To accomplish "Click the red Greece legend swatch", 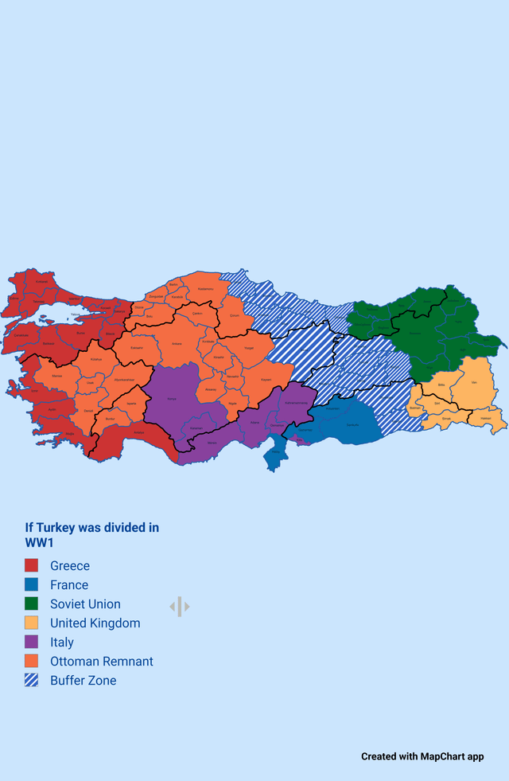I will point(32,566).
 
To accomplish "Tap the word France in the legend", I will point(69,585).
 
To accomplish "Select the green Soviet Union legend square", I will point(32,604).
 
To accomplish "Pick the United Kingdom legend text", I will point(95,623).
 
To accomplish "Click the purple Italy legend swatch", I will point(32,642).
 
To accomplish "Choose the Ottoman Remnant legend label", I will point(101,662).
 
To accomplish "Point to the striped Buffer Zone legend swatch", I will point(32,681).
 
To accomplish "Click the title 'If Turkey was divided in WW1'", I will point(91,535).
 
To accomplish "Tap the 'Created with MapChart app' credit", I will point(422,756).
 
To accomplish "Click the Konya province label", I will point(172,399).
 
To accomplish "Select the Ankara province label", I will point(177,344).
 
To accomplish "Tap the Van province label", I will point(474,383).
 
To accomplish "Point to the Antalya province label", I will point(139,432).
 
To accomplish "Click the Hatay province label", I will point(275,451).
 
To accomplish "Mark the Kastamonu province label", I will point(205,288).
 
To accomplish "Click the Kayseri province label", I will point(266,380).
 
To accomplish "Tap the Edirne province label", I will point(42,281).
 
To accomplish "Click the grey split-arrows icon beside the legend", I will point(180,607).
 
